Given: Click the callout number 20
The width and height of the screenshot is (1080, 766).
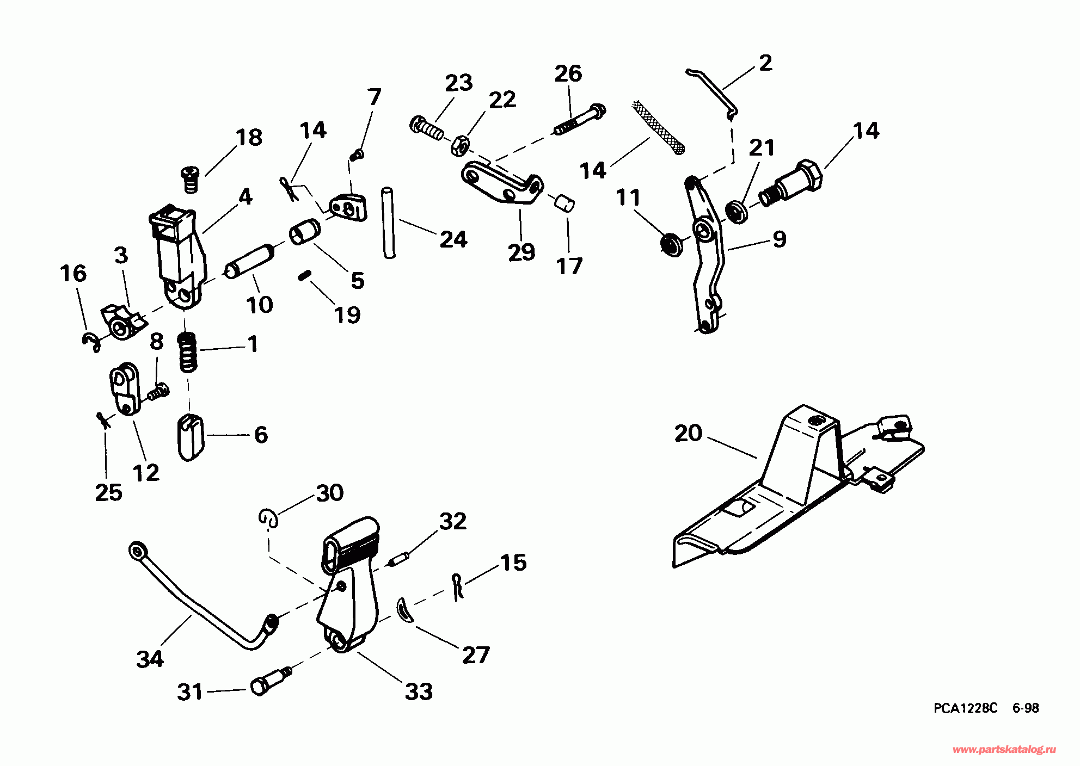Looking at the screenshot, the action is (688, 434).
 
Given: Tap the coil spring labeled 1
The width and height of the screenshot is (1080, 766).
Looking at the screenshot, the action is (188, 352).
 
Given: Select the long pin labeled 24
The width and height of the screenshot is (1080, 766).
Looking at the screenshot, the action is (389, 223).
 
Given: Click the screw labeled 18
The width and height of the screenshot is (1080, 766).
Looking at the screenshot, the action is (190, 179).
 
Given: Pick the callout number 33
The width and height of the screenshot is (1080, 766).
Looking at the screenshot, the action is (419, 692).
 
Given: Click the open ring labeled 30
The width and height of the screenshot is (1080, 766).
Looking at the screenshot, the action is (269, 517).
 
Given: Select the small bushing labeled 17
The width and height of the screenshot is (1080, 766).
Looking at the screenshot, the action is (564, 203).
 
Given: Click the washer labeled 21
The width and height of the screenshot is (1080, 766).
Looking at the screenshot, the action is (738, 211).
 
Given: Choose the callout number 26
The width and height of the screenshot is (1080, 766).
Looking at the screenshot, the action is (568, 73).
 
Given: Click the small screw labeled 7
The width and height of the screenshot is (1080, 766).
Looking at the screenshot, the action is (357, 155).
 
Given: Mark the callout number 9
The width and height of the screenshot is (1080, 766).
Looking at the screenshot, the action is (780, 239).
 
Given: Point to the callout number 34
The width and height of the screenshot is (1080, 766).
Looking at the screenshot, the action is (150, 659).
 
